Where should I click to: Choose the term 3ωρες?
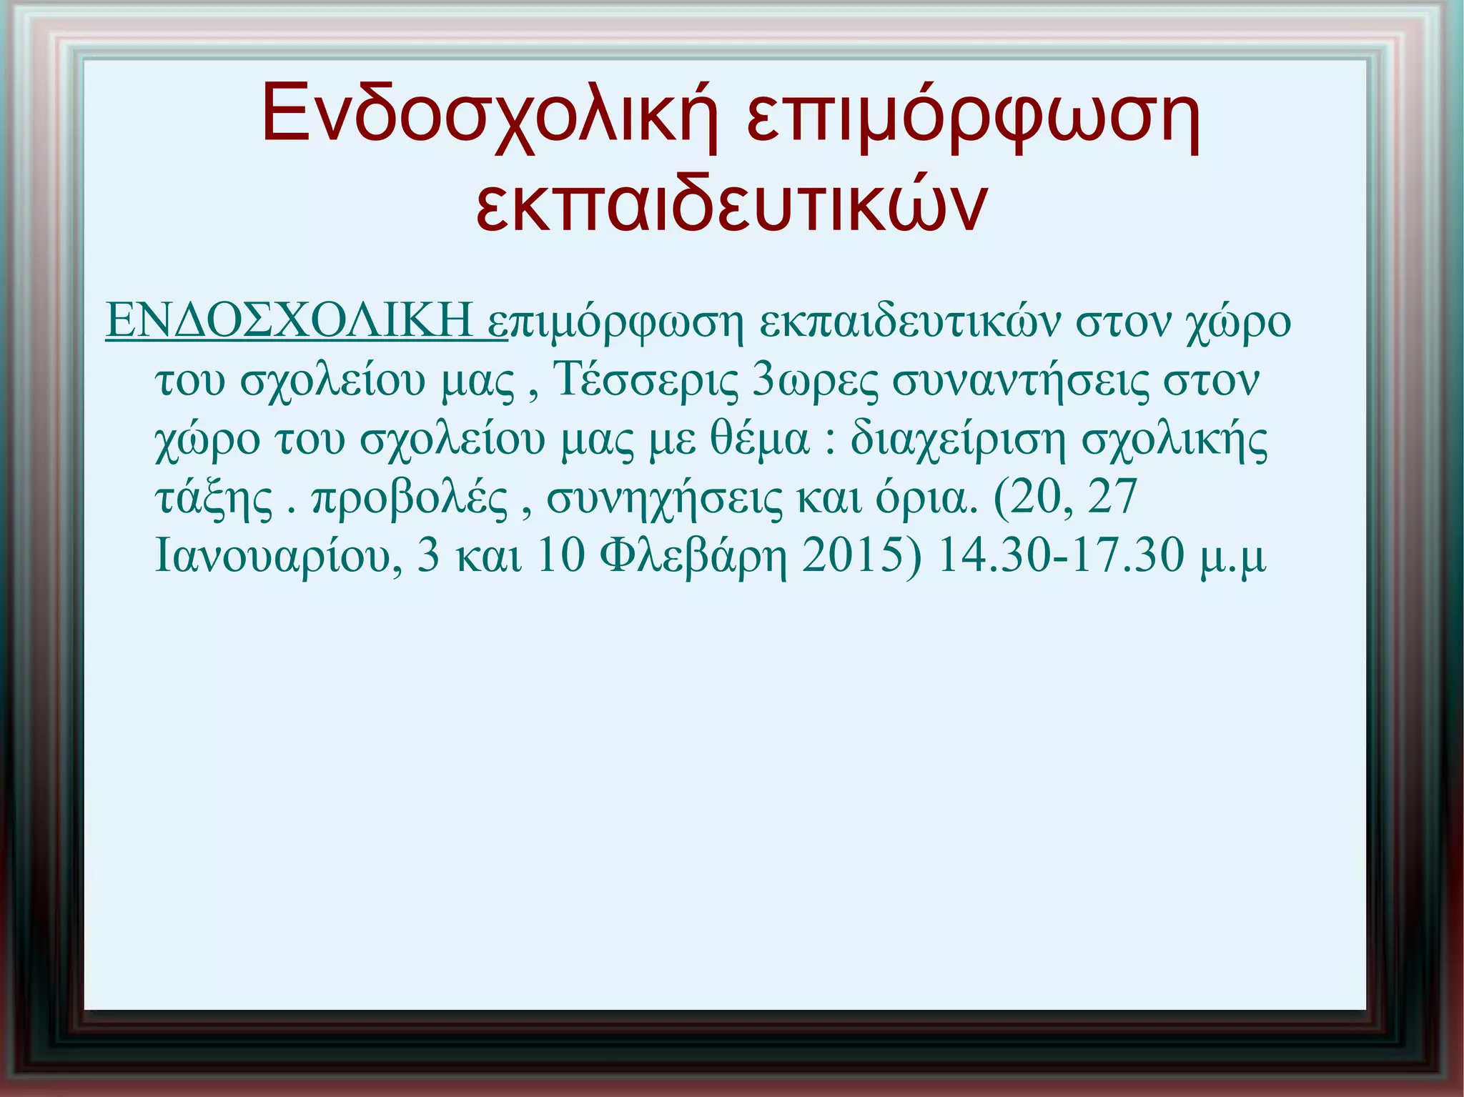pyautogui.click(x=815, y=380)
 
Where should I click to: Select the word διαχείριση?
pyautogui.click(x=958, y=439)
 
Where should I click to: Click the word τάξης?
pyautogui.click(x=214, y=498)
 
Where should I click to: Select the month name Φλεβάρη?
pyautogui.click(x=693, y=557)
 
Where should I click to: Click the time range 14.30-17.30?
pyautogui.click(x=1061, y=555)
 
